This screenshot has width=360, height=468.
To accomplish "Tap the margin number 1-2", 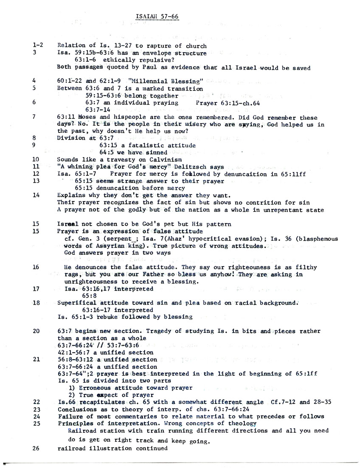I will (38, 46).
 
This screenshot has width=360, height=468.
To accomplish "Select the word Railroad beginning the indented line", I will (82, 431).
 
